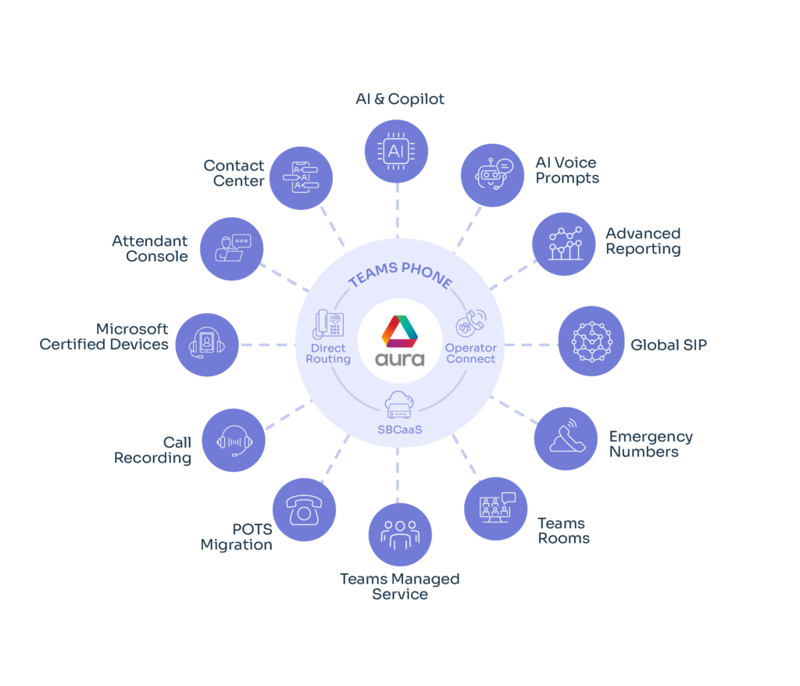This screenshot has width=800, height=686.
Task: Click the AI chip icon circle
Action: (x=397, y=149)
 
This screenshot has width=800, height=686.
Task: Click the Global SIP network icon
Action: (x=590, y=344)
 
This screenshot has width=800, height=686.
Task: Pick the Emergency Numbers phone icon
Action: (x=566, y=438)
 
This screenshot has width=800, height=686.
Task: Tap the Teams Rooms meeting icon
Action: (x=496, y=509)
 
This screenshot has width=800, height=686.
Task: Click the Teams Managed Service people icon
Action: (x=400, y=534)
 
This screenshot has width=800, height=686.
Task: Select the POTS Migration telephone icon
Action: (x=303, y=510)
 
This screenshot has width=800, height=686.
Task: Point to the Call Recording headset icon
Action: (x=234, y=441)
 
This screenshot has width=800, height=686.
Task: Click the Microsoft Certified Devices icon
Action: (x=206, y=345)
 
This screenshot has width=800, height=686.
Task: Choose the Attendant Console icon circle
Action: (x=231, y=248)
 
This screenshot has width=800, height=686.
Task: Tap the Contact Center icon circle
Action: (x=300, y=177)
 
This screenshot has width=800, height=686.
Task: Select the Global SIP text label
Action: (x=668, y=344)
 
